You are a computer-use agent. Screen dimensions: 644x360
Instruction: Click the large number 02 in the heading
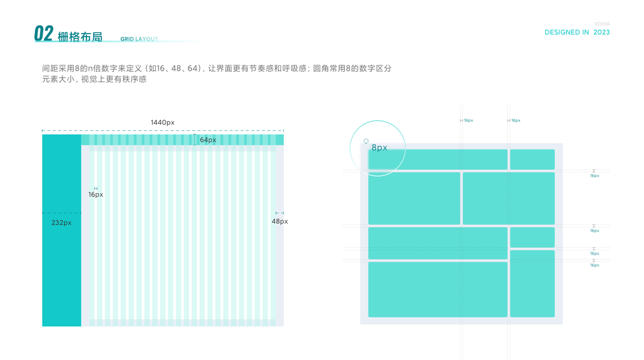pyautogui.click(x=43, y=34)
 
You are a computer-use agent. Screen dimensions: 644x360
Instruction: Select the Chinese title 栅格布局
pyautogui.click(x=80, y=37)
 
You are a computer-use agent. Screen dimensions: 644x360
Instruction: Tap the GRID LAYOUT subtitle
pyautogui.click(x=139, y=39)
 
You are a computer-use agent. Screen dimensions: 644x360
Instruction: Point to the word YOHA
pyautogui.click(x=601, y=24)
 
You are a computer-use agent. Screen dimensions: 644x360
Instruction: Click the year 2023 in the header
pyautogui.click(x=601, y=32)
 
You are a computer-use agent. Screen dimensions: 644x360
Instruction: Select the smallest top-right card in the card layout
pyautogui.click(x=532, y=160)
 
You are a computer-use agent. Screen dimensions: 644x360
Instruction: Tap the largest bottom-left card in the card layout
pyautogui.click(x=438, y=289)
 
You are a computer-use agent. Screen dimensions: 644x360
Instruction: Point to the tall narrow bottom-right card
pyautogui.click(x=532, y=283)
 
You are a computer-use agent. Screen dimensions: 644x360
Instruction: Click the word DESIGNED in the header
pyautogui.click(x=562, y=32)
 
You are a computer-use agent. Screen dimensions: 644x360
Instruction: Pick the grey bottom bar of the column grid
pyautogui.click(x=182, y=323)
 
